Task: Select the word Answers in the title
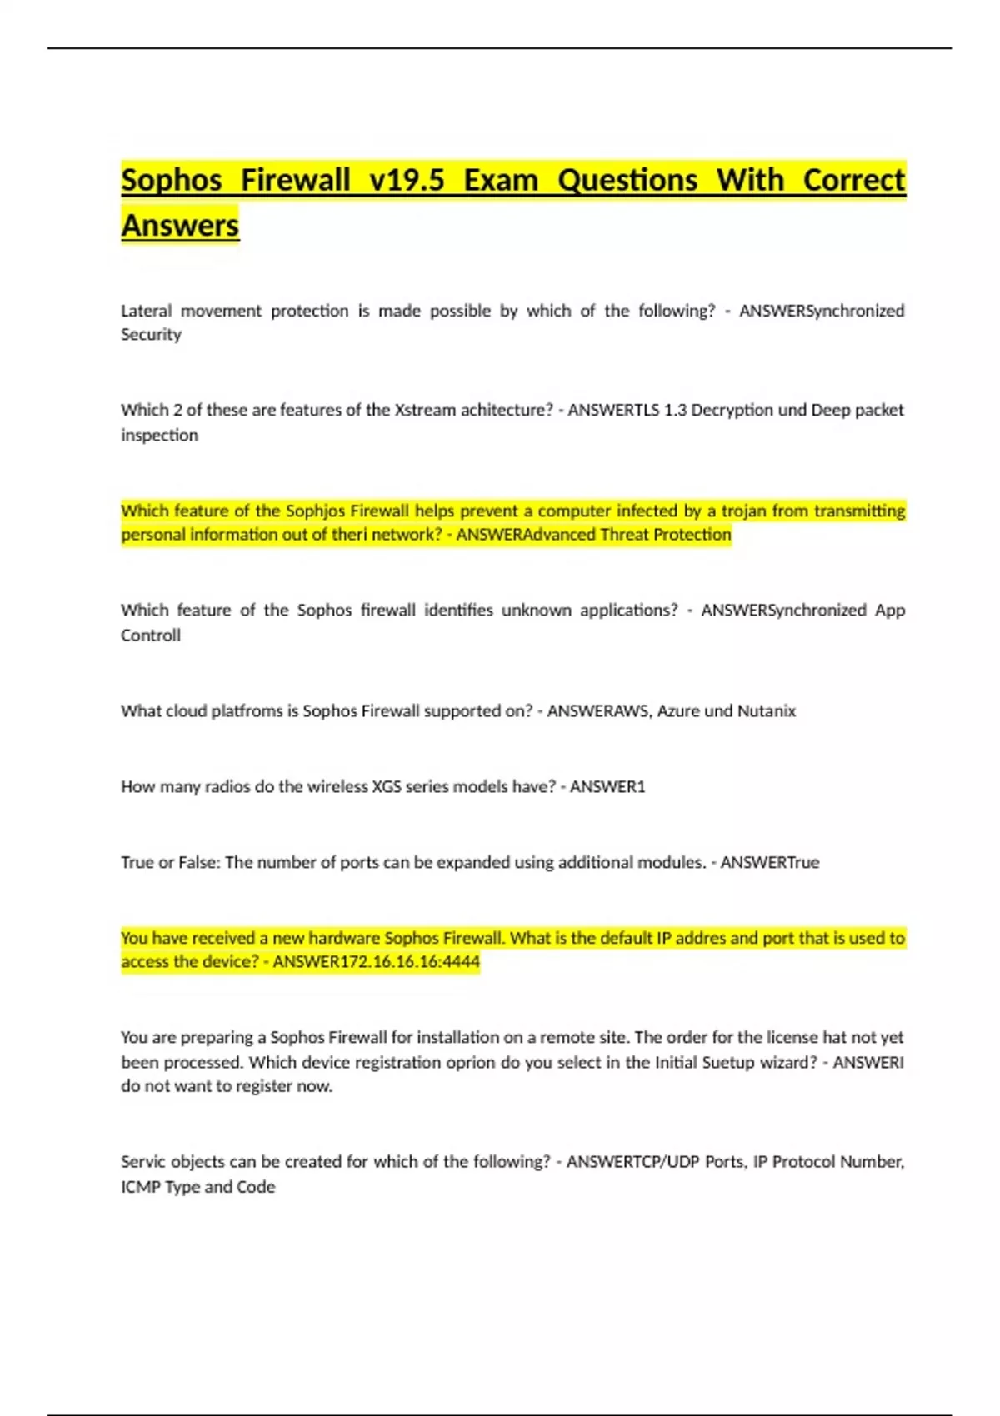pyautogui.click(x=180, y=226)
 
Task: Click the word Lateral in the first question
pyautogui.click(x=146, y=311)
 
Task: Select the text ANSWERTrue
pyautogui.click(x=769, y=862)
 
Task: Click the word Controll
pyautogui.click(x=151, y=636)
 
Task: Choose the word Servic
pyautogui.click(x=143, y=1162)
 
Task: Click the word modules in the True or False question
pyautogui.click(x=672, y=862)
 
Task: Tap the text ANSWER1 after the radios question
pyautogui.click(x=607, y=786)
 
